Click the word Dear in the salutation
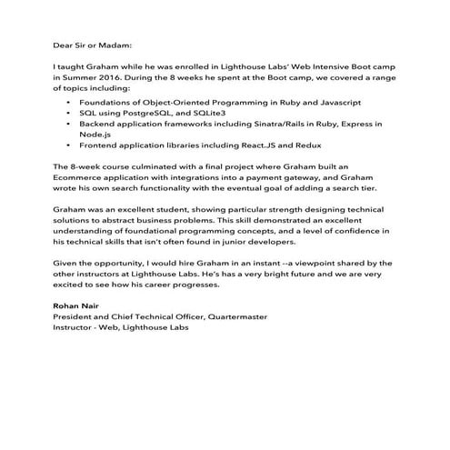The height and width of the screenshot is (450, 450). click(x=64, y=43)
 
